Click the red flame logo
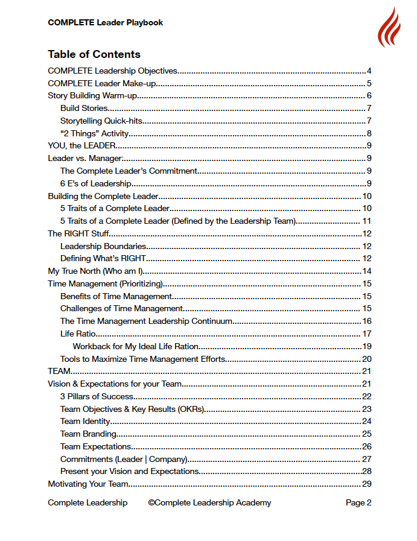pyautogui.click(x=389, y=28)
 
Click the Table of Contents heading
pyautogui.click(x=94, y=54)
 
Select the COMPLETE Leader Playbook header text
pyautogui.click(x=105, y=23)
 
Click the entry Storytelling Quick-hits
pyautogui.click(x=101, y=121)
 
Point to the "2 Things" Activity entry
pyautogui.click(x=94, y=133)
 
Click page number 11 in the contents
pyautogui.click(x=366, y=221)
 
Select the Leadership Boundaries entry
pyautogui.click(x=103, y=246)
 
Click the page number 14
pyautogui.click(x=366, y=271)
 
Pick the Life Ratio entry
pyautogui.click(x=78, y=334)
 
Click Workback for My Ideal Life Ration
pyautogui.click(x=136, y=346)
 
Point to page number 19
pyautogui.click(x=366, y=346)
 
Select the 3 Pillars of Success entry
pyautogui.click(x=97, y=396)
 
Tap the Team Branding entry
pyautogui.click(x=88, y=434)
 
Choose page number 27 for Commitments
pyautogui.click(x=366, y=459)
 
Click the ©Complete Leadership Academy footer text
pyautogui.click(x=209, y=502)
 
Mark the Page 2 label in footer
pyautogui.click(x=358, y=502)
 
